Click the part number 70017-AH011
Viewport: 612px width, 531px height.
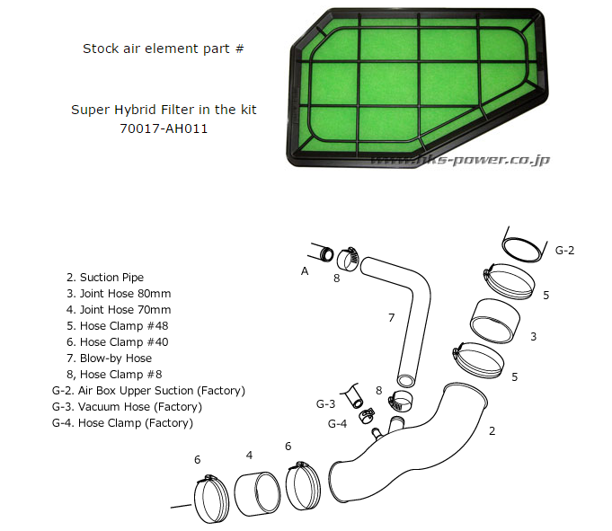pos(164,128)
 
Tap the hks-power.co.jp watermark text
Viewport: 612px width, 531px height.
pos(461,160)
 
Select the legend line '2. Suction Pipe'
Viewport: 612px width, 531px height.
pos(105,278)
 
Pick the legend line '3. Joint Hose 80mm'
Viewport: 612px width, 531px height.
pos(119,294)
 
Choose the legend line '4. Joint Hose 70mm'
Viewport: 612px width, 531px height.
pos(119,310)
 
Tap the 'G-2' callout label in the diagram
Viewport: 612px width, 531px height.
pos(564,250)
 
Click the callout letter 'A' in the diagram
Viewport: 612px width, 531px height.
pos(305,269)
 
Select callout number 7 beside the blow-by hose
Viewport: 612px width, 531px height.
pos(391,317)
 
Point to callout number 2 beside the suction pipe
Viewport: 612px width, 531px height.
pos(492,431)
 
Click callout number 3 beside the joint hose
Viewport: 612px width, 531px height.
pos(533,337)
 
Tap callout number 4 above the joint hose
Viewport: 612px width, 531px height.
pos(249,455)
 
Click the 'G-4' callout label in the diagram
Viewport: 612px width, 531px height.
pos(337,423)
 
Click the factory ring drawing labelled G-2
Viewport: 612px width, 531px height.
pos(523,245)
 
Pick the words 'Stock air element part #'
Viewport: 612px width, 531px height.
pos(164,49)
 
